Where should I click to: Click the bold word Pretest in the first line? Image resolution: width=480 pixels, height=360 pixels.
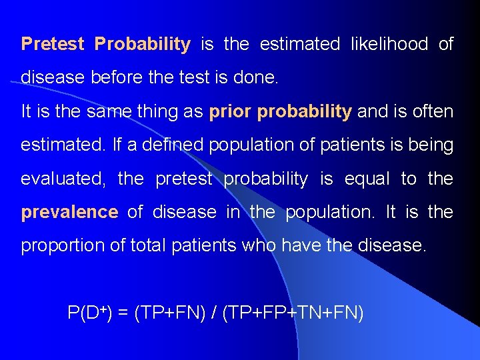click(x=53, y=45)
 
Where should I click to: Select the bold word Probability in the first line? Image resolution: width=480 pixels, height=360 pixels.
click(x=142, y=45)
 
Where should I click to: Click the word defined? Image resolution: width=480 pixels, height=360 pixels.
click(x=177, y=145)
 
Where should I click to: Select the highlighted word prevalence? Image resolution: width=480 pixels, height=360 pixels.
click(x=69, y=213)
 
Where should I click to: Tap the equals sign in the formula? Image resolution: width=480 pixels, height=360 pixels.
click(x=123, y=313)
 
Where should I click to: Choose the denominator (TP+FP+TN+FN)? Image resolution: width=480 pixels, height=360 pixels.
click(x=293, y=313)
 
